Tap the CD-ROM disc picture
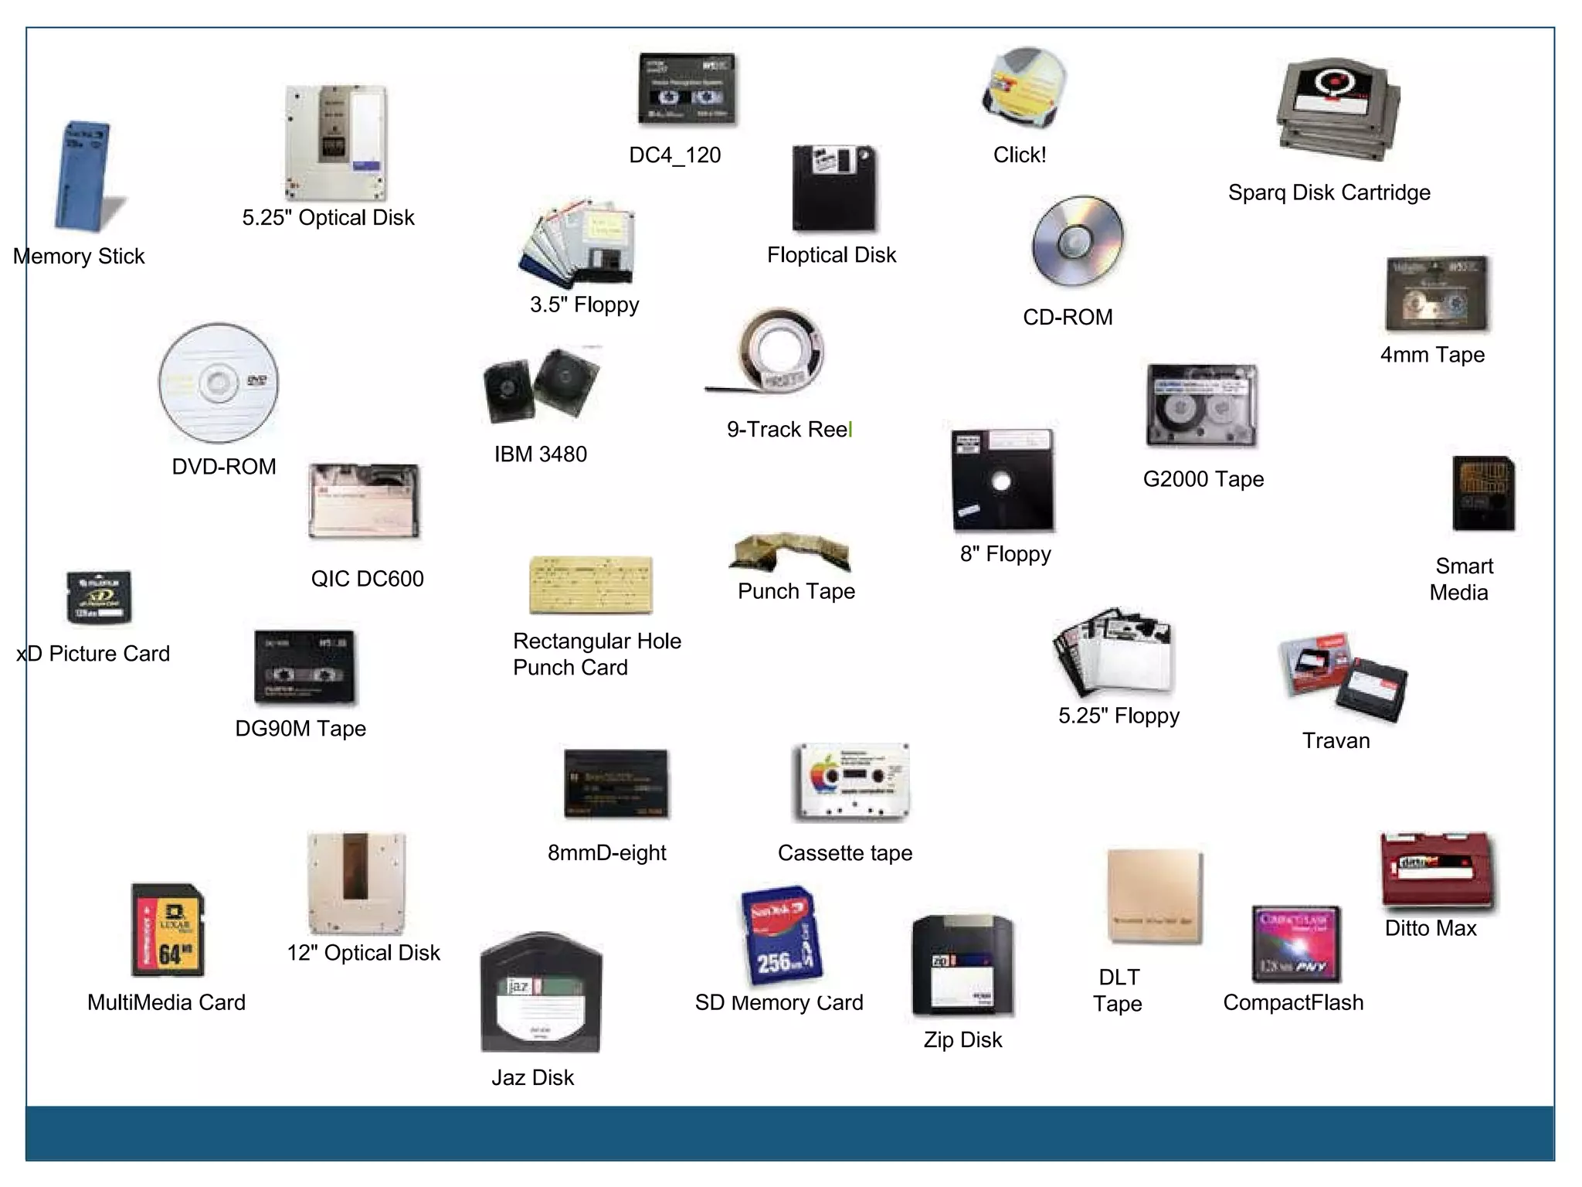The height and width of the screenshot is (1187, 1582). point(1077,240)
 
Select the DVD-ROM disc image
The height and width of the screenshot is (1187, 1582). point(219,383)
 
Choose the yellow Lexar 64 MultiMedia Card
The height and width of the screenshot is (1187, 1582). point(168,930)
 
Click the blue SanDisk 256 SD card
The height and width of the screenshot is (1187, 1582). point(782,936)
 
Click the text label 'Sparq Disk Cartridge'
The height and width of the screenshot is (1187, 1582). point(1329,192)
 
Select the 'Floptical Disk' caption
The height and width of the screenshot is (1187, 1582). point(831,255)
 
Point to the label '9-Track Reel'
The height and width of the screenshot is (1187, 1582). point(789,430)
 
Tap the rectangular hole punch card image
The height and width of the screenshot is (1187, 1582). point(591,585)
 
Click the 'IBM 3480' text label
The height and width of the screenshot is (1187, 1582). point(541,454)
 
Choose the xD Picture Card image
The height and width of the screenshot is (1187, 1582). point(99,597)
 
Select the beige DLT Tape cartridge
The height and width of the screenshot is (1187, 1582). point(1154,896)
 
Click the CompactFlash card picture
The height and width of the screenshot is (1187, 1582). point(1295,944)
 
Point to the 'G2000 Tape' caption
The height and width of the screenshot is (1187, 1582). point(1203,479)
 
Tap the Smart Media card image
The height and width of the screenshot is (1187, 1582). point(1483,493)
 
